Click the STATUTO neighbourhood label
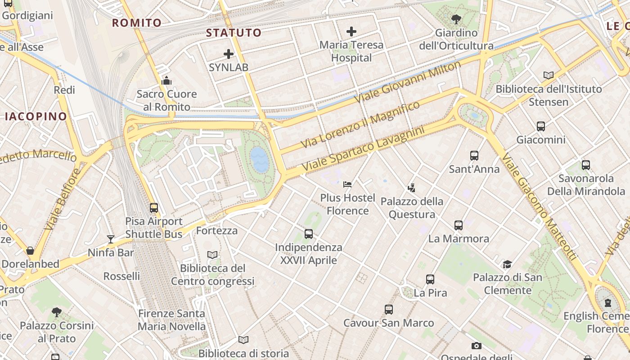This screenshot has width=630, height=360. point(234,32)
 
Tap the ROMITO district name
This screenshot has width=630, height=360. point(137,22)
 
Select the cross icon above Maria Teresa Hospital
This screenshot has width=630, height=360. point(351,31)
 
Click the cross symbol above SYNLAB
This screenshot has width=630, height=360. point(229,54)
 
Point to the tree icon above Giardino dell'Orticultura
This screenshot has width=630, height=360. point(456,19)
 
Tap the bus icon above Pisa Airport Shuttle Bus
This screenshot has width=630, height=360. point(154,208)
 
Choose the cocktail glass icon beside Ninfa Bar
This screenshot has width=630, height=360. point(111,239)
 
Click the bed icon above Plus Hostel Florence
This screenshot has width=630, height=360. point(347,184)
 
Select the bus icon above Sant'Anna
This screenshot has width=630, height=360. point(474,156)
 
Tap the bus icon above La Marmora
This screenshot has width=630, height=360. point(459,225)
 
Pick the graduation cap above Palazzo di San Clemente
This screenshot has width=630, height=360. point(508,264)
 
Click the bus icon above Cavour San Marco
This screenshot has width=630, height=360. point(389,310)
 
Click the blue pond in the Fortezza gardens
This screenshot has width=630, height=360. point(260,160)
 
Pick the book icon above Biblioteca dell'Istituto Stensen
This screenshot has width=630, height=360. point(549,75)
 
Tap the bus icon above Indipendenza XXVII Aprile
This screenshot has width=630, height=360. point(309,234)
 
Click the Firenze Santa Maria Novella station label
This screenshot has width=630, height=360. point(171,320)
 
